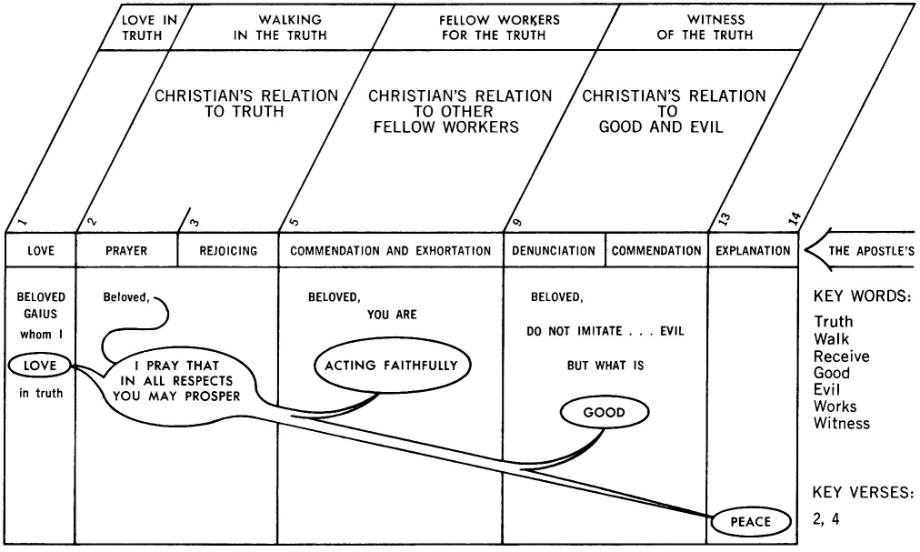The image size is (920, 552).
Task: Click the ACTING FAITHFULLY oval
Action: tap(393, 366)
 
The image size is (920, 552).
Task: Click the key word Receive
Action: tap(841, 356)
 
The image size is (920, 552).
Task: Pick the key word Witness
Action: tap(841, 423)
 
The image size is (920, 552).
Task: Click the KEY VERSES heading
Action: tap(862, 492)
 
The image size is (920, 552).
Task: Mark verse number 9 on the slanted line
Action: tap(517, 221)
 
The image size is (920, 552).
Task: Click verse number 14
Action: tap(794, 217)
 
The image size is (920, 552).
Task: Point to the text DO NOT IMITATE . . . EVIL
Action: tap(605, 331)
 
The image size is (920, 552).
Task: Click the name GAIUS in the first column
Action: tap(40, 315)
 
